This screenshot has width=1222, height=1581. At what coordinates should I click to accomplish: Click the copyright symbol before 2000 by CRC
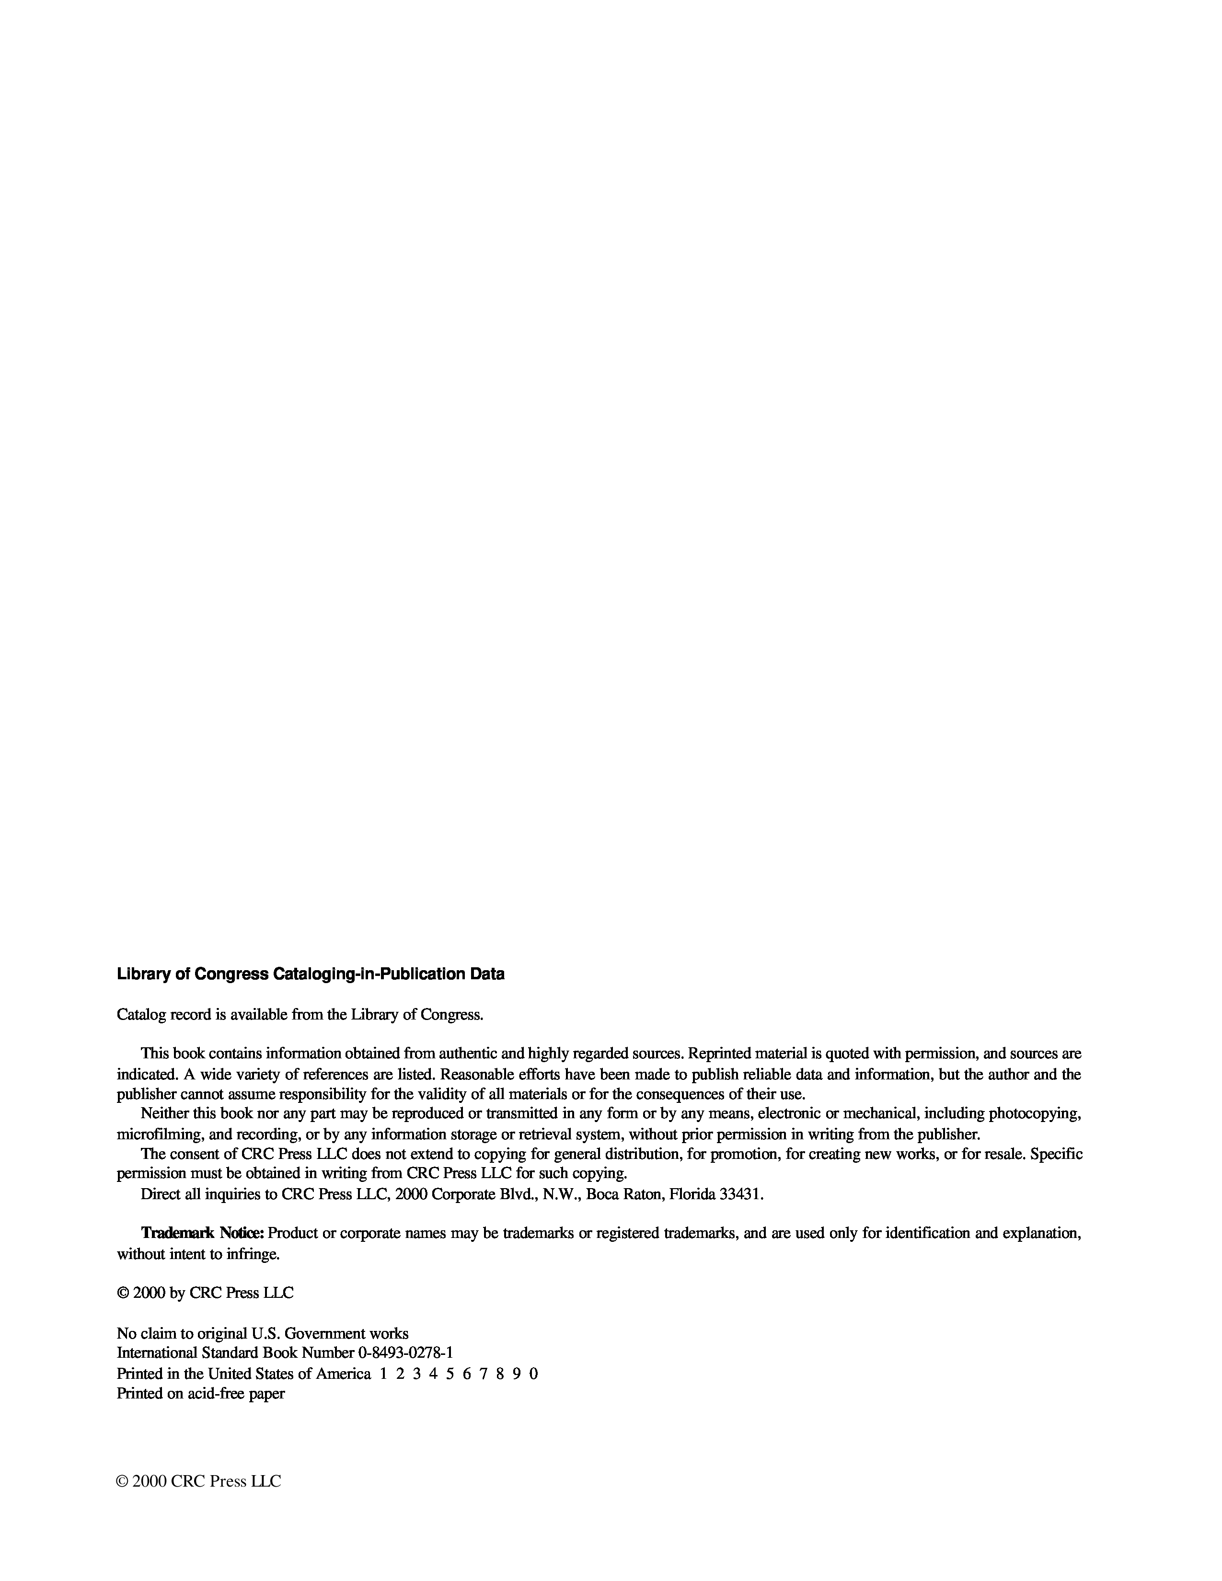pyautogui.click(x=122, y=1293)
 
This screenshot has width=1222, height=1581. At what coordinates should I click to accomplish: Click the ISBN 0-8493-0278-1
pyautogui.click(x=405, y=1352)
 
